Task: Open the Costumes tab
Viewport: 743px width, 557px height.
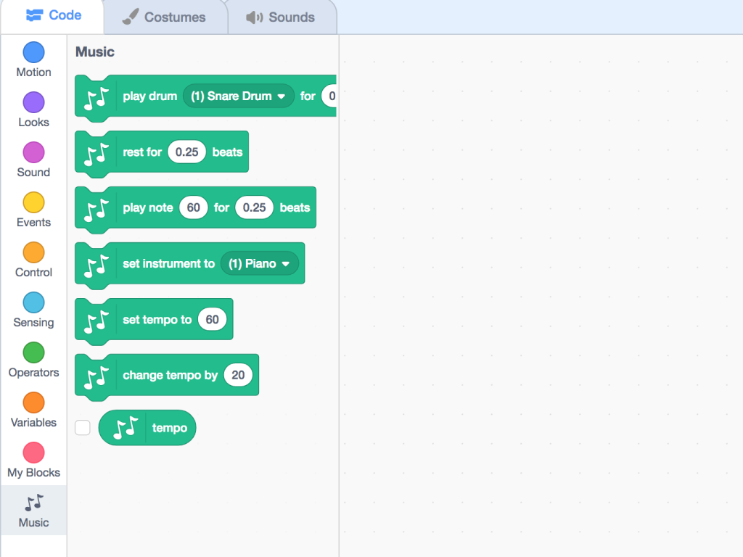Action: (x=164, y=17)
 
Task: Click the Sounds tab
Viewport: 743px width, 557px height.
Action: (x=281, y=17)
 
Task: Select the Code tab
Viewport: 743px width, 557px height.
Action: (x=54, y=15)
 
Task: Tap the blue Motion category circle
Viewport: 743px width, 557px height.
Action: (x=33, y=52)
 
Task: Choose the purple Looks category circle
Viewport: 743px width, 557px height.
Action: (x=33, y=102)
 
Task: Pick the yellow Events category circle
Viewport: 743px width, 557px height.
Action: (x=33, y=202)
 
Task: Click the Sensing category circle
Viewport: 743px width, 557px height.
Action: (x=33, y=302)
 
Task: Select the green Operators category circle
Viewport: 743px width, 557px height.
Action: (x=33, y=352)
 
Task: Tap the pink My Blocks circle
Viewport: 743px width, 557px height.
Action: (x=33, y=453)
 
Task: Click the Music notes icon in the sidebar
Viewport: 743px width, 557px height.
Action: (x=33, y=503)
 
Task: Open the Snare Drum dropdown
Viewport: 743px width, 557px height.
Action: (x=238, y=96)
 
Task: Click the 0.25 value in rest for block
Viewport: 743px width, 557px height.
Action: (x=186, y=152)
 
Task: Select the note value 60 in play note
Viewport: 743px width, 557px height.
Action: (x=193, y=207)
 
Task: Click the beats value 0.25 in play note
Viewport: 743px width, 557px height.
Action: (x=255, y=207)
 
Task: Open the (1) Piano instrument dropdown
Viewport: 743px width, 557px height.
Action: (x=259, y=263)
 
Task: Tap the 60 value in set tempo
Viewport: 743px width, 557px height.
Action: (x=213, y=319)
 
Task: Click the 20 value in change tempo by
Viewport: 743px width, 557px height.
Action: (x=238, y=375)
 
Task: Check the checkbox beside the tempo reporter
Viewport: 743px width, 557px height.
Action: (x=83, y=428)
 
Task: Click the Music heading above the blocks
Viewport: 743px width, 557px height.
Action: (x=95, y=51)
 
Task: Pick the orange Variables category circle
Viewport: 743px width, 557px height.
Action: (x=33, y=403)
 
